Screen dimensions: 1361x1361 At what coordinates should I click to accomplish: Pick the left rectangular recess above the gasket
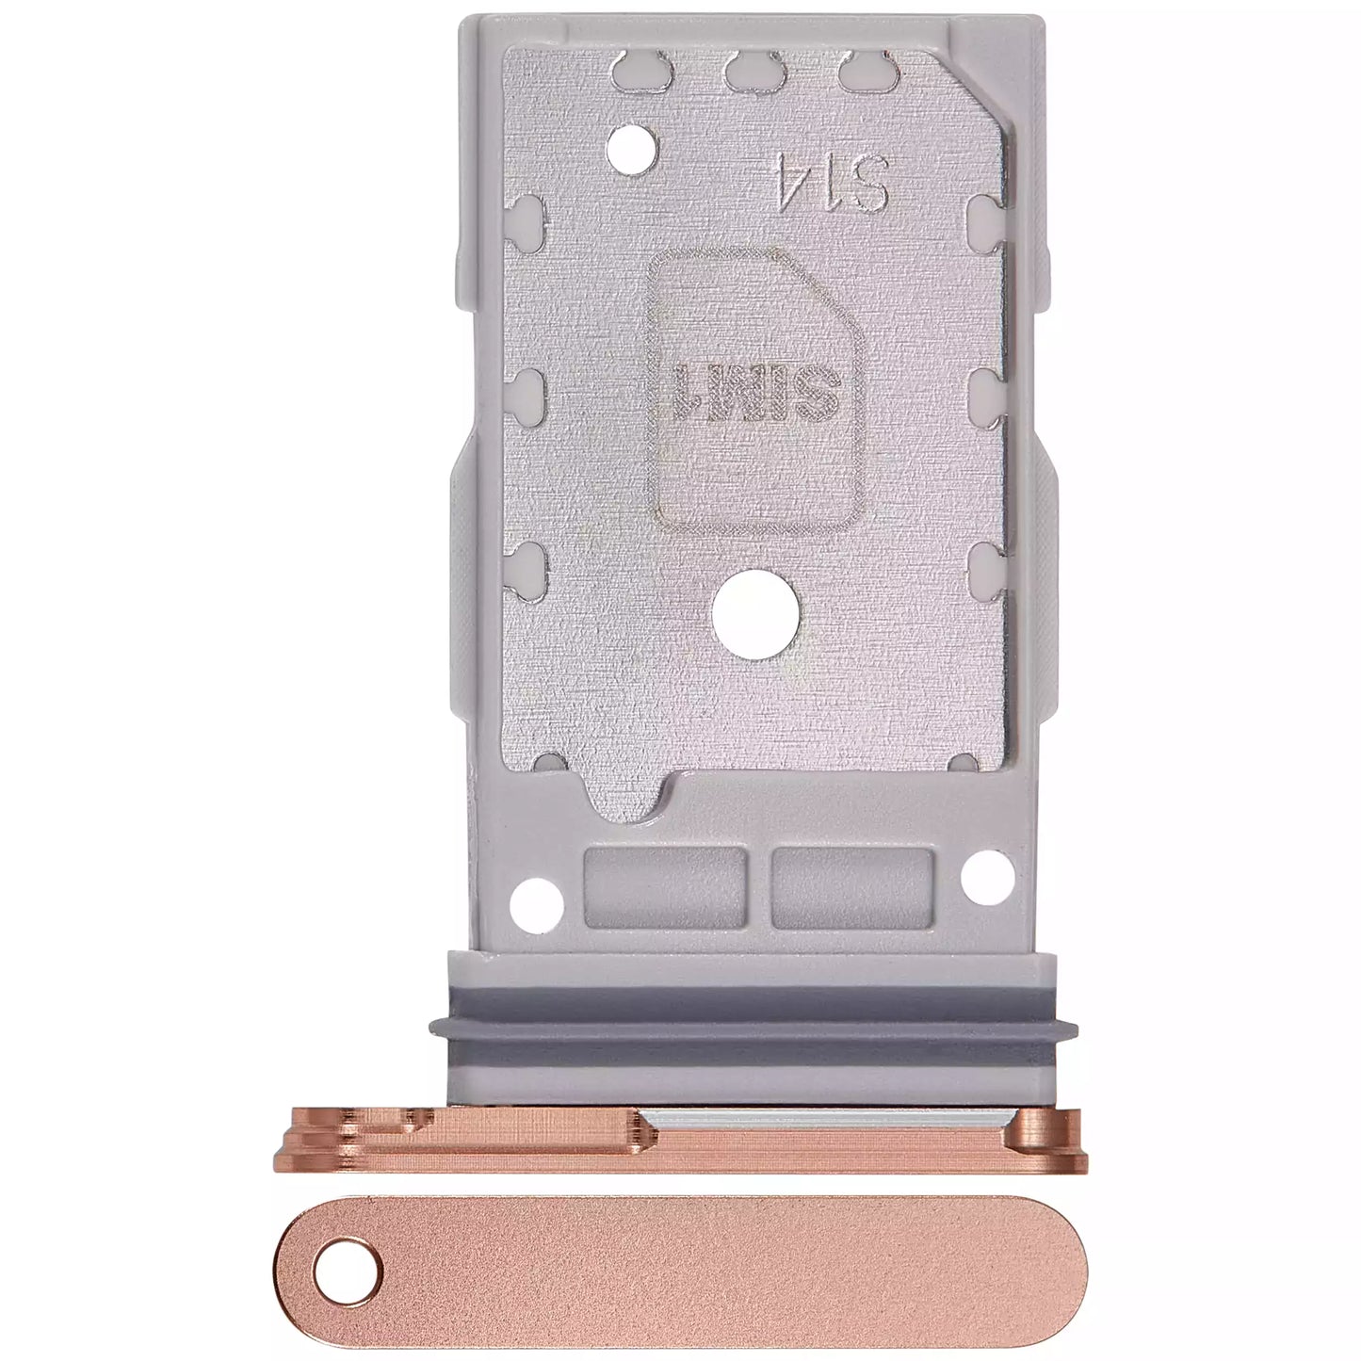pos(665,885)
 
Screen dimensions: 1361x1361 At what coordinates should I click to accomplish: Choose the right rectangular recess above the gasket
pos(851,885)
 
